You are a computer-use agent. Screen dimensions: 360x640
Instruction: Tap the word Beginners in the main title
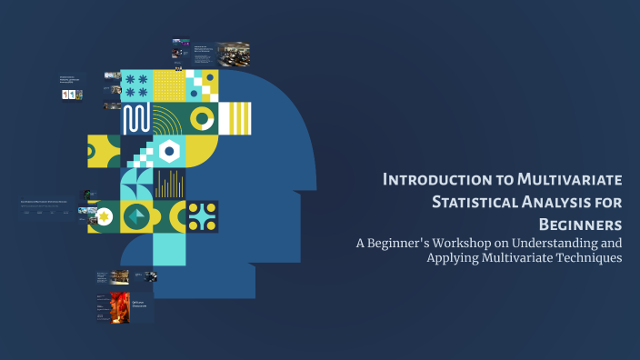(580, 224)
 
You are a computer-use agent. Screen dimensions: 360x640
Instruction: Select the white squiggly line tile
(136, 118)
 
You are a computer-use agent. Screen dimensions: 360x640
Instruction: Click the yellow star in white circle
(105, 216)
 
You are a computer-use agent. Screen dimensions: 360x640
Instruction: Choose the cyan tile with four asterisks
(136, 85)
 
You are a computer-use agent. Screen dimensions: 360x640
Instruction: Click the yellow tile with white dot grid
(168, 85)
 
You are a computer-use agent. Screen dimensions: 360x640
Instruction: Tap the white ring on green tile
(202, 118)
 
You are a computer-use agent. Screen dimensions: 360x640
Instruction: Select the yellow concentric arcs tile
(169, 118)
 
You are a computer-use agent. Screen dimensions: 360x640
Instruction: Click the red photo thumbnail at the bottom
(120, 306)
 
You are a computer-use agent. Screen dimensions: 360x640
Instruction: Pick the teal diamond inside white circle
(136, 216)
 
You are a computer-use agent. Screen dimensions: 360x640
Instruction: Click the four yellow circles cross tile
(202, 216)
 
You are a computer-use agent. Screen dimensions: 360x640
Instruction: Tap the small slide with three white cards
(70, 94)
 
